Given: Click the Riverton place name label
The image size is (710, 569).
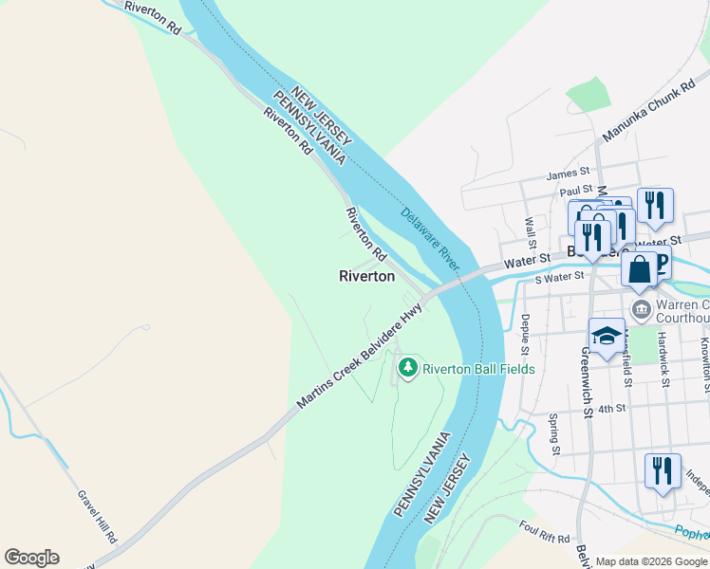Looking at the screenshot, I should [x=366, y=276].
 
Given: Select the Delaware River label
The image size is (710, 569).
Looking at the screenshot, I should [x=430, y=236].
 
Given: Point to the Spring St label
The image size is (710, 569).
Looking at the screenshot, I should [x=555, y=432].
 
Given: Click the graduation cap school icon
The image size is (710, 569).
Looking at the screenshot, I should [x=607, y=336].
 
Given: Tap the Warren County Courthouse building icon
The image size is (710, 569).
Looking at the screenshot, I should [x=641, y=309].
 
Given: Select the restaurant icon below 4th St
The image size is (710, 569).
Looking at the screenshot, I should [x=661, y=471].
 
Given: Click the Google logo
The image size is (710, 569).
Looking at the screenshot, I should [x=31, y=558].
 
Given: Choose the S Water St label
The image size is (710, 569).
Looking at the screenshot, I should [x=558, y=278].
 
